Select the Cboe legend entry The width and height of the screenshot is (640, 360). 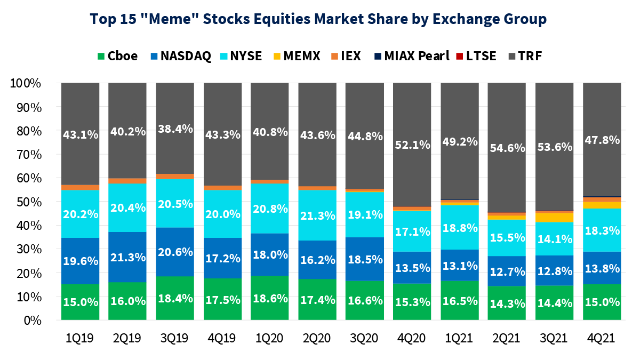pos(117,55)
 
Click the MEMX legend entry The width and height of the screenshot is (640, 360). pos(297,55)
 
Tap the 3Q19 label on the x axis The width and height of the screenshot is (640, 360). pos(174,339)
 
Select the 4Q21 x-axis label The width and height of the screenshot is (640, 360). pos(602,339)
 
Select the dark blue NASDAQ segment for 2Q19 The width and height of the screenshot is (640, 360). pos(127,257)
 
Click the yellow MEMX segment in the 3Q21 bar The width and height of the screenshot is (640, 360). pos(554,218)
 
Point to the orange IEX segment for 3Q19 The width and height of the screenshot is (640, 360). pos(174,176)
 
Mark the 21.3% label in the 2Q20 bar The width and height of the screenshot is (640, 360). pos(317,216)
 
